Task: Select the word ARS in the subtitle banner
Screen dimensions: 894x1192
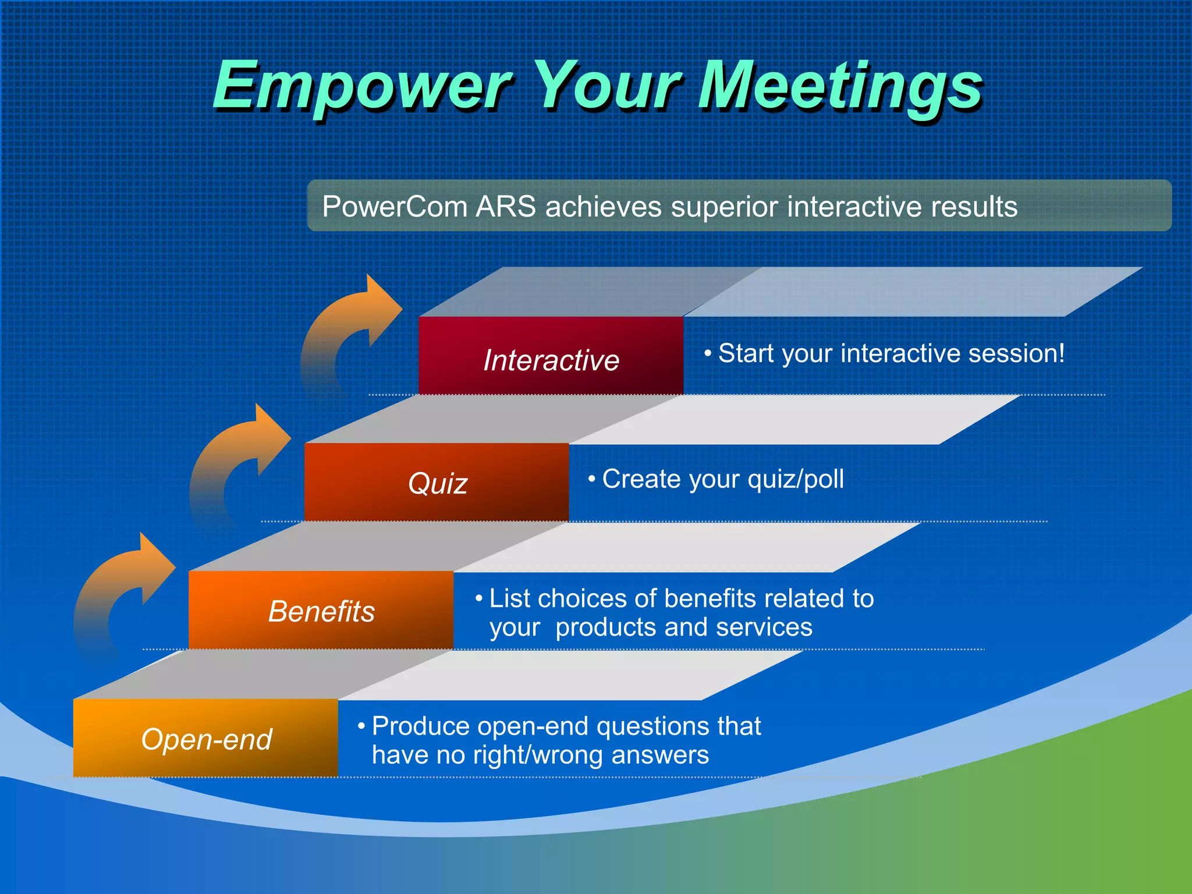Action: (505, 207)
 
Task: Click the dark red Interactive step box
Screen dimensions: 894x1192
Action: (551, 356)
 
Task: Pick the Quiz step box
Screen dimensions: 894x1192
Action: (437, 482)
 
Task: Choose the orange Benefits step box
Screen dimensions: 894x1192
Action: (321, 610)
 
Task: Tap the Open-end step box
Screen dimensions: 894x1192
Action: (205, 738)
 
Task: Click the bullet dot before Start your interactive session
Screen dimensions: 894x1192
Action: (708, 353)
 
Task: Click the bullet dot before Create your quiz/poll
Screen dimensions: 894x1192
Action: (591, 479)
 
